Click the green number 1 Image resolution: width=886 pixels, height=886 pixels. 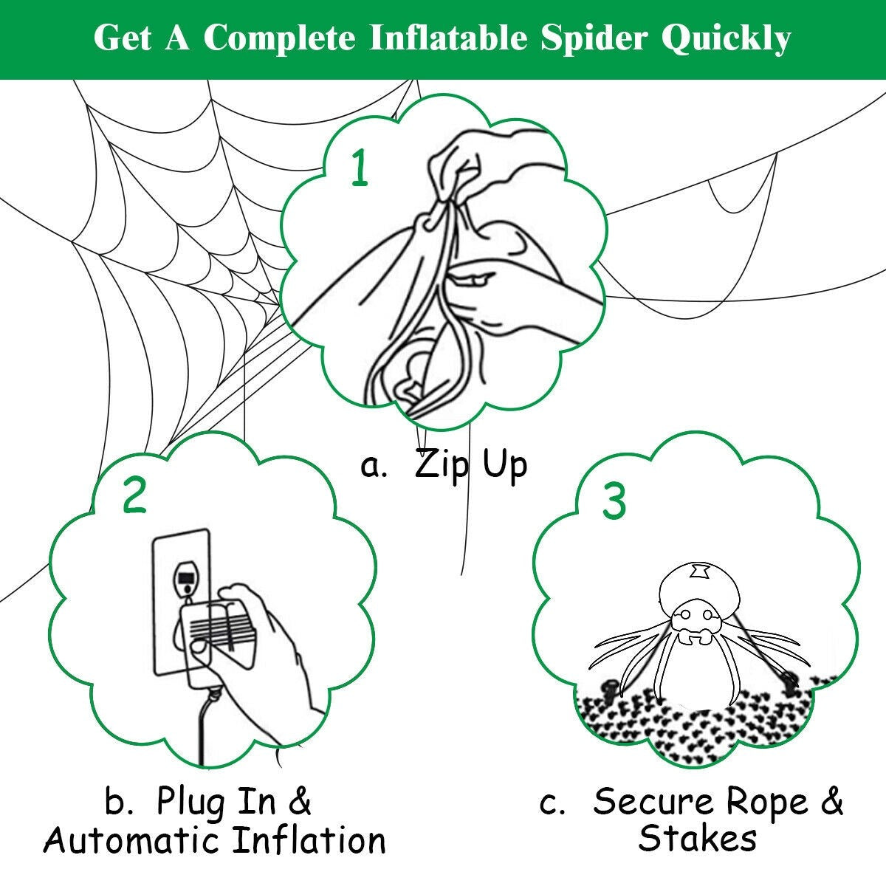[360, 168]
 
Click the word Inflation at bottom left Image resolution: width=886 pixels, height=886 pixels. [310, 840]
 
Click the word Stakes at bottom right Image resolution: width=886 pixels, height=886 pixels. [697, 839]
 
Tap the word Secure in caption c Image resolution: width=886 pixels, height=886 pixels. [653, 802]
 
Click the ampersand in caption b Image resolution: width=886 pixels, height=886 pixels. [298, 803]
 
